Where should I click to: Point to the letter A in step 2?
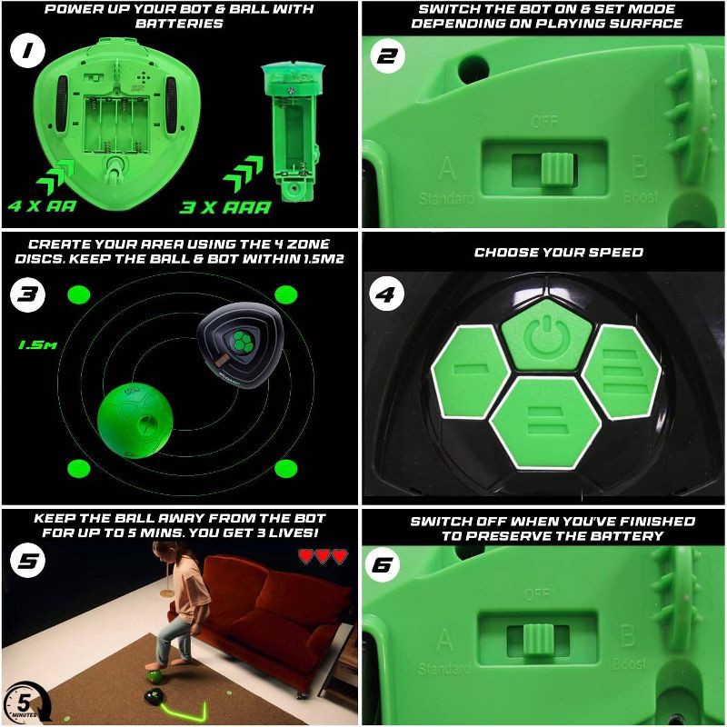point(446,168)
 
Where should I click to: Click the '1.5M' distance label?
point(34,344)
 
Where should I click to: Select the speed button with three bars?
point(620,371)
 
